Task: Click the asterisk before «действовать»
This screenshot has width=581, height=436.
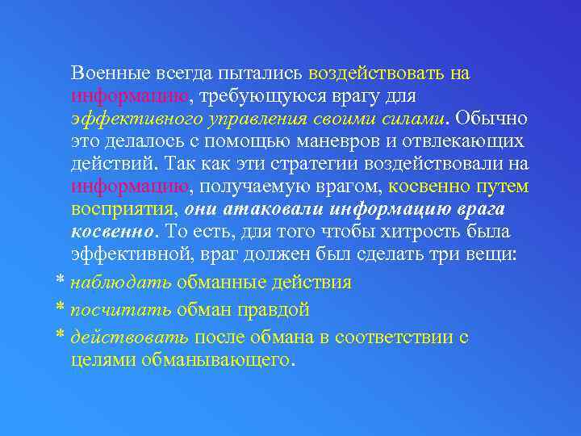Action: point(60,337)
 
